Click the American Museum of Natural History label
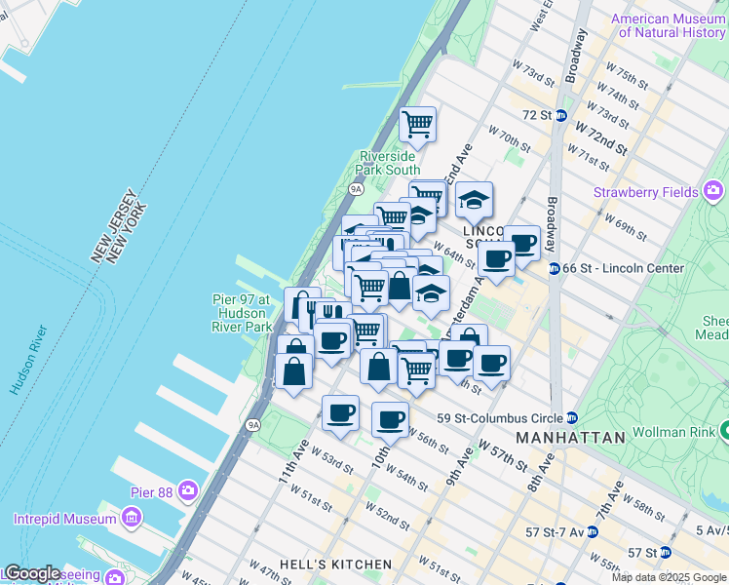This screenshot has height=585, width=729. (x=669, y=25)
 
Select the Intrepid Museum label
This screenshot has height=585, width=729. (x=65, y=519)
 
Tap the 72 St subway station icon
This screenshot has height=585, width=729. (x=561, y=115)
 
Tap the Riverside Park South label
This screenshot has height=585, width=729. (x=389, y=163)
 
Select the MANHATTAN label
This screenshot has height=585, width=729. (x=570, y=439)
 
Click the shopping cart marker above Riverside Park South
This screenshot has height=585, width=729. (x=417, y=124)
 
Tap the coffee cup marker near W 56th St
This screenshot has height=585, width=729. (x=390, y=419)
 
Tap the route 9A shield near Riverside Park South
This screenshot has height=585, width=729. (x=357, y=189)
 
